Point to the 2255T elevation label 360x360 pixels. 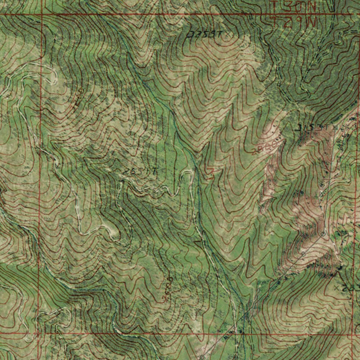click(x=205, y=34)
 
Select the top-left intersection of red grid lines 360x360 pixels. click(x=42, y=15)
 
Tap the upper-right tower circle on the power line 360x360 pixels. click(x=323, y=233)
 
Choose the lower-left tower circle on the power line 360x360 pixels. click(x=303, y=252)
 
